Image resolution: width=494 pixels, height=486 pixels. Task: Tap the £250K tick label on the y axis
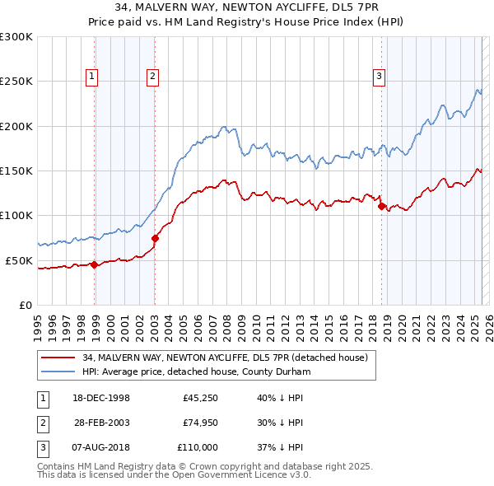(16, 82)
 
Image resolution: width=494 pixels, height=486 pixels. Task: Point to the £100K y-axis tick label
(16, 215)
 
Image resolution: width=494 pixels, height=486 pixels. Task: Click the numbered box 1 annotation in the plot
(91, 77)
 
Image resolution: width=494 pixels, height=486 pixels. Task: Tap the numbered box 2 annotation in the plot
(153, 77)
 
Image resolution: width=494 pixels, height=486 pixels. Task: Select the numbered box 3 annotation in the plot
(380, 77)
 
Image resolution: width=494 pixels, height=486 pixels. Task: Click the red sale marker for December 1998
(95, 264)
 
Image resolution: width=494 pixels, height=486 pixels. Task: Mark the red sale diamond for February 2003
(155, 238)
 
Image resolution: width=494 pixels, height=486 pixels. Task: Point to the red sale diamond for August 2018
(381, 207)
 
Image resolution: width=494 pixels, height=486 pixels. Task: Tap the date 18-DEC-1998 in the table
(102, 398)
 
